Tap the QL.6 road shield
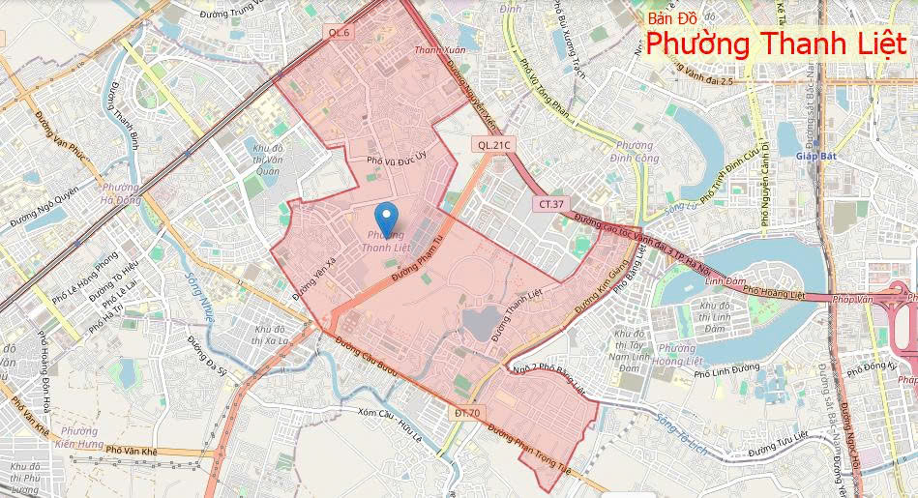[339, 33]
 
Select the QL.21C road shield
[492, 144]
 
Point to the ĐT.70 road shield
[466, 413]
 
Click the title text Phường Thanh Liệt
[777, 44]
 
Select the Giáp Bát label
[814, 156]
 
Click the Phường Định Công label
[636, 152]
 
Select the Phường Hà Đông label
[120, 193]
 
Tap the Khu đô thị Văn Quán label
[266, 159]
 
